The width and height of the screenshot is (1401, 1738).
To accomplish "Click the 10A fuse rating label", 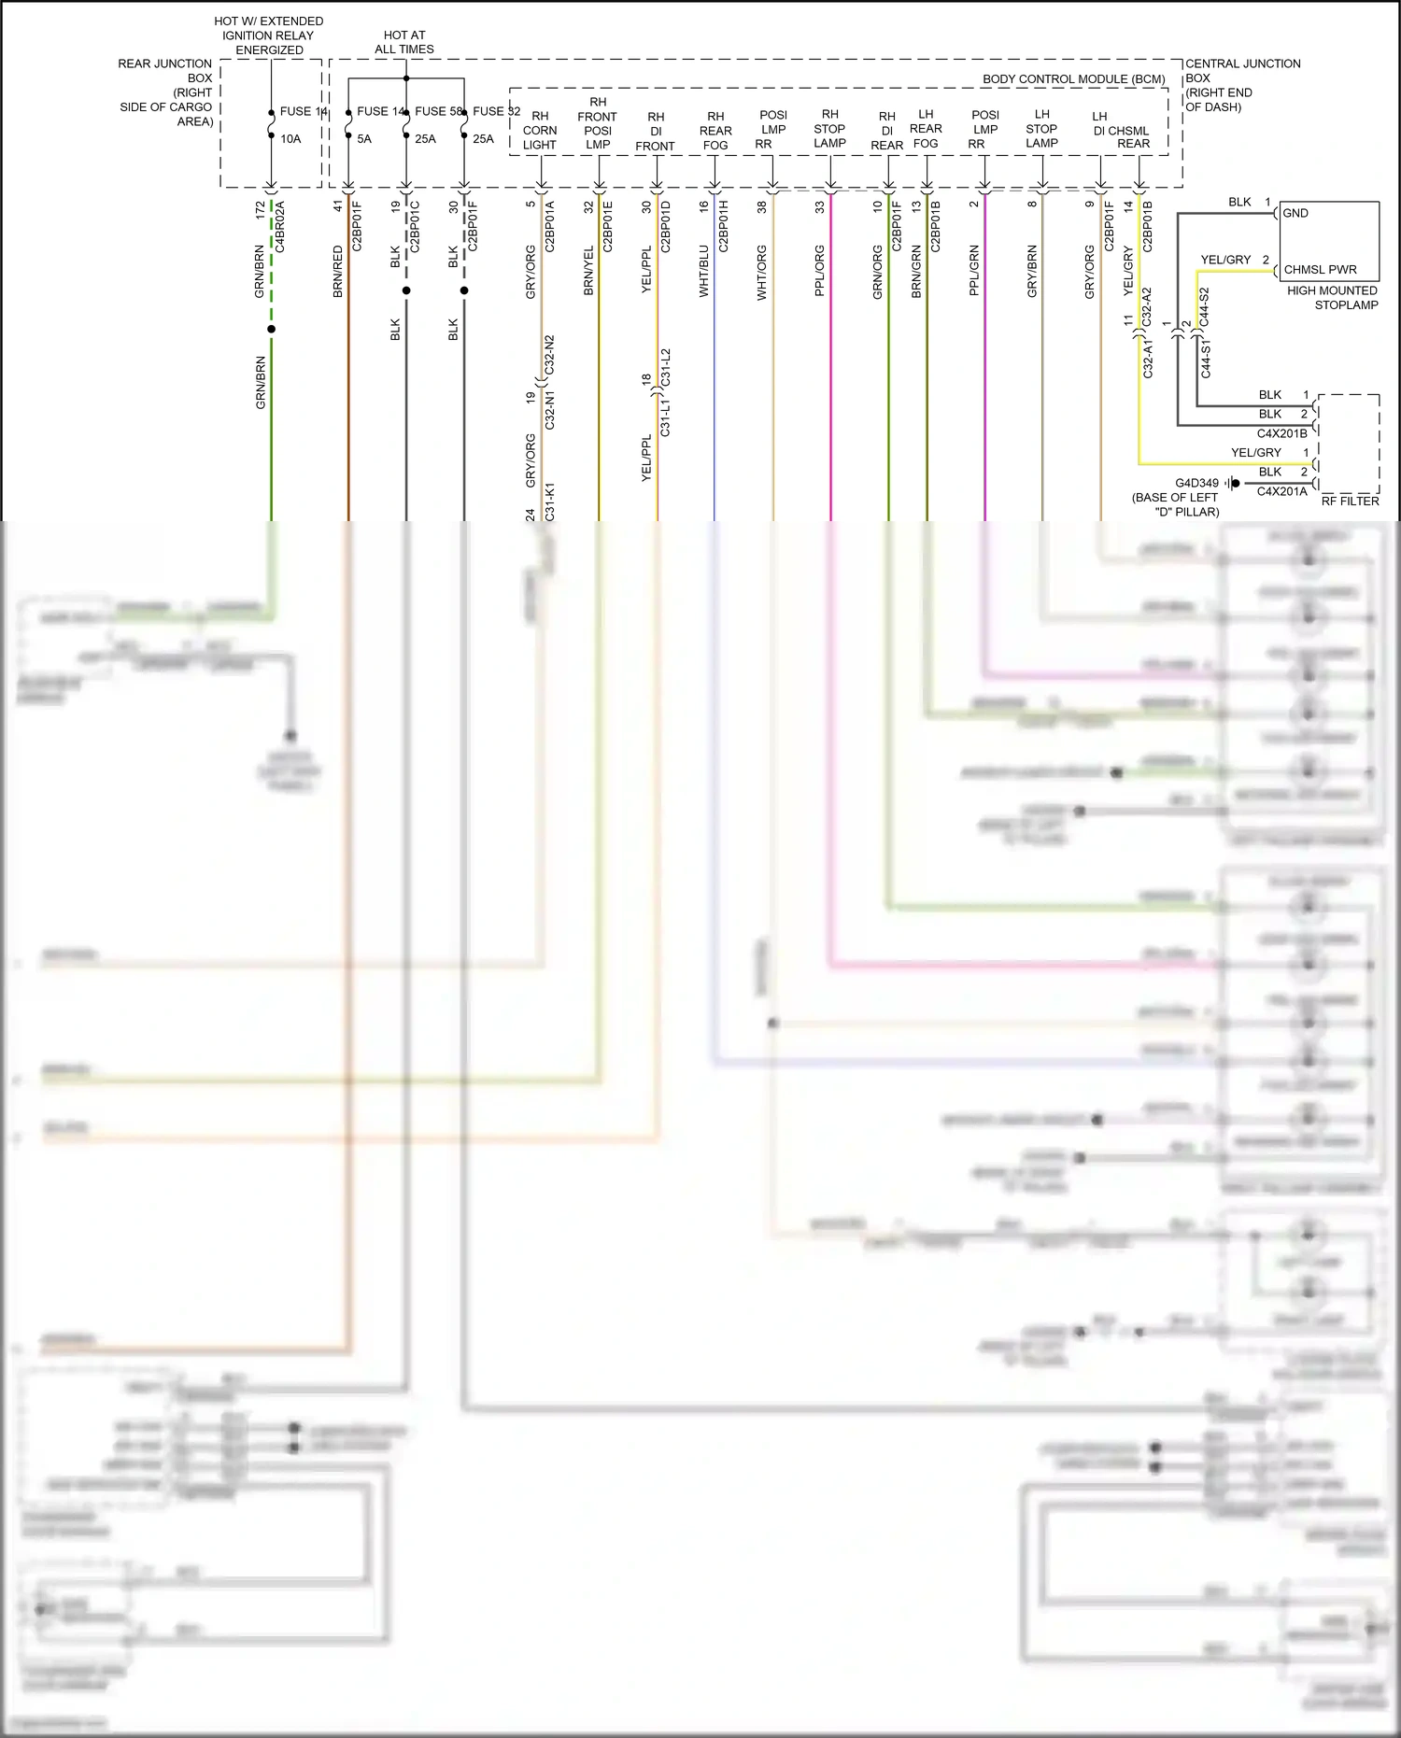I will [x=290, y=139].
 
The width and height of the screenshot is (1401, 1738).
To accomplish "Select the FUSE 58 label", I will [x=439, y=111].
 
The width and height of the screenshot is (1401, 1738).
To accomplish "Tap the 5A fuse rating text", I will [x=364, y=139].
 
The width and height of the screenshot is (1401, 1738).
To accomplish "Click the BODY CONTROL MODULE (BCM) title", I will [x=1073, y=79].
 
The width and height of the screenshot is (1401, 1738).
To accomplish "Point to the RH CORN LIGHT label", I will [x=540, y=131].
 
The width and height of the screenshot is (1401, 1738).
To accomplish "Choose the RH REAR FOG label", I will [x=715, y=131].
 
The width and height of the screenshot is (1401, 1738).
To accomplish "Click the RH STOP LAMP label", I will [x=829, y=129].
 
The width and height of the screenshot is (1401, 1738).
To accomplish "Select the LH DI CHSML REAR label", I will [x=1121, y=130].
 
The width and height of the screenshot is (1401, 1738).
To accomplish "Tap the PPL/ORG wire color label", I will [x=819, y=271].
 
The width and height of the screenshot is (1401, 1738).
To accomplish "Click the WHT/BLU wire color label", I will [x=704, y=271].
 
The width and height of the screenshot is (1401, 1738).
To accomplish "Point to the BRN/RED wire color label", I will [x=338, y=271].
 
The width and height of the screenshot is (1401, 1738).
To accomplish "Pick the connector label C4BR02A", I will [x=279, y=227].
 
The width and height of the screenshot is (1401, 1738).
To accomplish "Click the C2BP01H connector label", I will [x=723, y=227].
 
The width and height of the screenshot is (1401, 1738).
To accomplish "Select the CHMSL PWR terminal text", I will [x=1320, y=270].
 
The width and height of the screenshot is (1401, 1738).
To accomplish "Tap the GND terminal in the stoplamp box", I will [x=1295, y=213].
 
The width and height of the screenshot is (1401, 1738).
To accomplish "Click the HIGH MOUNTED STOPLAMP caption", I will [x=1332, y=298].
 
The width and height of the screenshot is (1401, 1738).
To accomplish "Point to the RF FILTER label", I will [x=1350, y=502].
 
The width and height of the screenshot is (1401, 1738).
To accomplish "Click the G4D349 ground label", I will [x=1196, y=483].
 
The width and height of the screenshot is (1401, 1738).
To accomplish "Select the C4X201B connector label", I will [x=1281, y=433].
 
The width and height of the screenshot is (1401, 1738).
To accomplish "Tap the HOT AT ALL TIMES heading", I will [x=404, y=42].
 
